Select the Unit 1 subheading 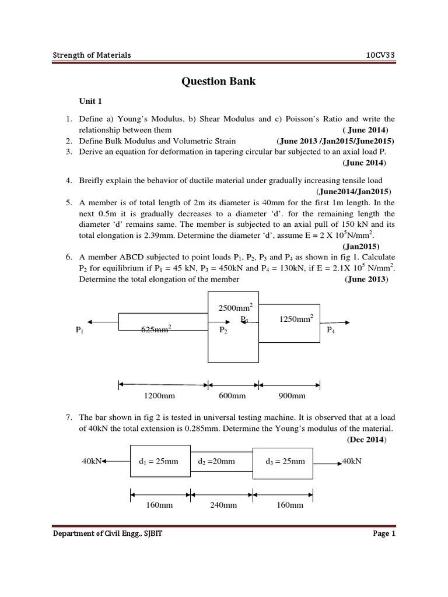pyautogui.click(x=90, y=100)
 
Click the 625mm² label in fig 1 pyautogui.click(x=156, y=330)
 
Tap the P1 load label pyautogui.click(x=80, y=330)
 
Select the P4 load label pyautogui.click(x=331, y=330)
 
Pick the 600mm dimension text pyautogui.click(x=232, y=396)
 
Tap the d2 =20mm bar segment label pyautogui.click(x=216, y=461)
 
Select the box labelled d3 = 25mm pyautogui.click(x=285, y=461)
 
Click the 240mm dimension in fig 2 pyautogui.click(x=223, y=505)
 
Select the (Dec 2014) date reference pyautogui.click(x=366, y=439)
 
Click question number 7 pyautogui.click(x=68, y=417)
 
